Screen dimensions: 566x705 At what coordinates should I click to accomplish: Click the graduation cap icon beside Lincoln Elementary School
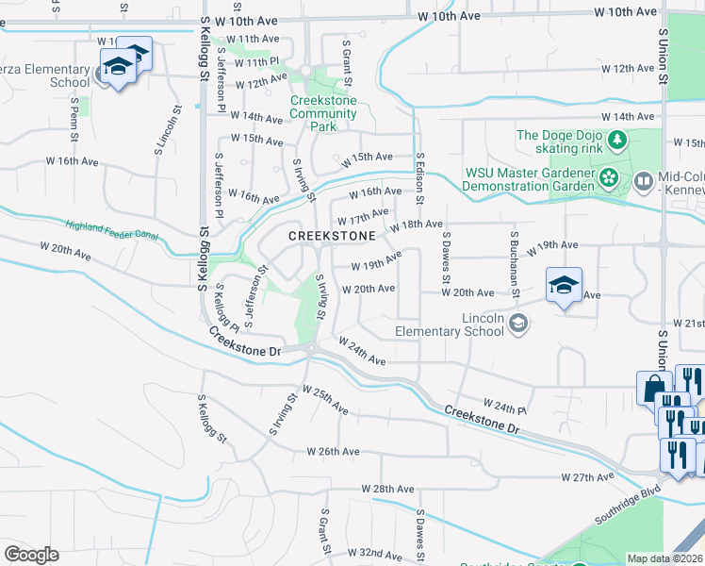click(x=517, y=325)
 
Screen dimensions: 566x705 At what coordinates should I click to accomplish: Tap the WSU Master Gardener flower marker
click(x=608, y=176)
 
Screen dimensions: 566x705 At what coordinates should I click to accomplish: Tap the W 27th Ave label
click(x=587, y=478)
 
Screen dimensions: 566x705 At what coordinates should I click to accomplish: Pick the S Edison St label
click(x=419, y=180)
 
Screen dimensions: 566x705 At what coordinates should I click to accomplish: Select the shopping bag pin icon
click(x=652, y=388)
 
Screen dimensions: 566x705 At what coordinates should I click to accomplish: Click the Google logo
click(x=31, y=554)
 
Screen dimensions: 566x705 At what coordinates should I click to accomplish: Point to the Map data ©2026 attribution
click(x=665, y=558)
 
